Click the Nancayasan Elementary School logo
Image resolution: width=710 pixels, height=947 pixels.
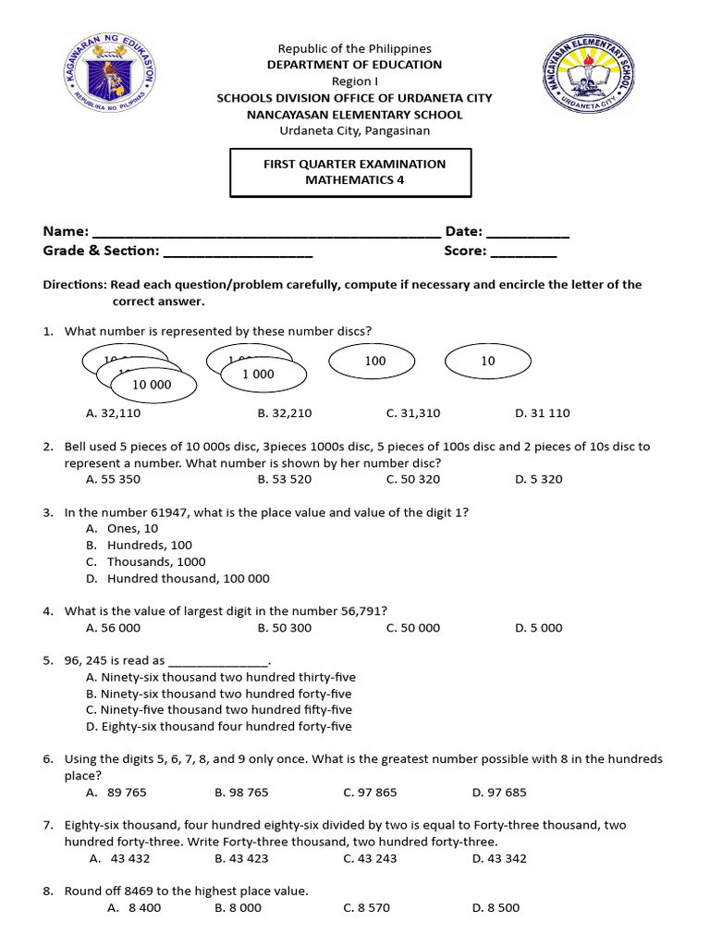[x=588, y=80]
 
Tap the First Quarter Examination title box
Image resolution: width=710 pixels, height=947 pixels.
[x=350, y=172]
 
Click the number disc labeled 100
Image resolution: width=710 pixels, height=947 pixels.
[x=374, y=362]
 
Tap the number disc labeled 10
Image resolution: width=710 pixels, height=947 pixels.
[x=487, y=362]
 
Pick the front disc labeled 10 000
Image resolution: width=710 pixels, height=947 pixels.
[x=153, y=385]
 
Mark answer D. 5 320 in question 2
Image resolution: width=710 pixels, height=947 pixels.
[x=538, y=479]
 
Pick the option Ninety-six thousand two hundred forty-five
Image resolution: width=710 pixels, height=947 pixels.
[x=218, y=694]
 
